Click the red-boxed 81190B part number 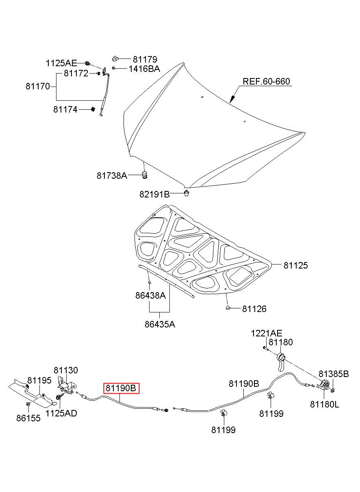click(121, 388)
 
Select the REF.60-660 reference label click(266, 81)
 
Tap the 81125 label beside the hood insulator click(295, 265)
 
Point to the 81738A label click(112, 176)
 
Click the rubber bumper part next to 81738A click(144, 175)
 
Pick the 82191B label click(154, 194)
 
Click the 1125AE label click(61, 63)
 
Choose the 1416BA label click(144, 69)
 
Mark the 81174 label click(65, 109)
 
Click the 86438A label click(150, 296)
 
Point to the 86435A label click(160, 324)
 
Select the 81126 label click(254, 309)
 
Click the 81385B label click(333, 374)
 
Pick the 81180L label click(325, 404)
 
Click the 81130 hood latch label click(66, 370)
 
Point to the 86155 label click(28, 418)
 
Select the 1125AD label click(61, 413)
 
